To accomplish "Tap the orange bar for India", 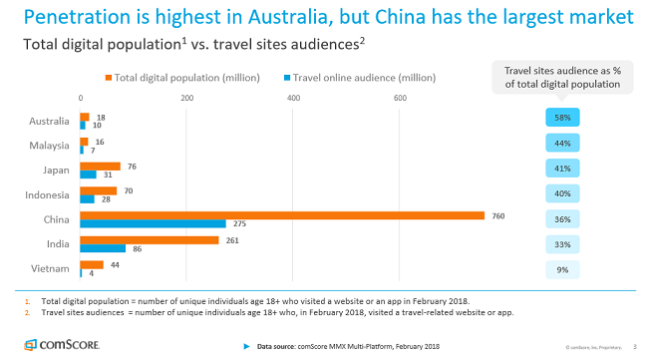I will tap(150, 239).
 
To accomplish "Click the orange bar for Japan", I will tap(100, 166).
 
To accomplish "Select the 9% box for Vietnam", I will tap(563, 269).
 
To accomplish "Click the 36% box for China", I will tap(563, 219).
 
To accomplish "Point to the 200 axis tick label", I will tap(186, 97).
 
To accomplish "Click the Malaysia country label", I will tap(50, 146).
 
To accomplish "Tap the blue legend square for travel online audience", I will tap(286, 77).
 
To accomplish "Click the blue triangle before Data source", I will tap(246, 346).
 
